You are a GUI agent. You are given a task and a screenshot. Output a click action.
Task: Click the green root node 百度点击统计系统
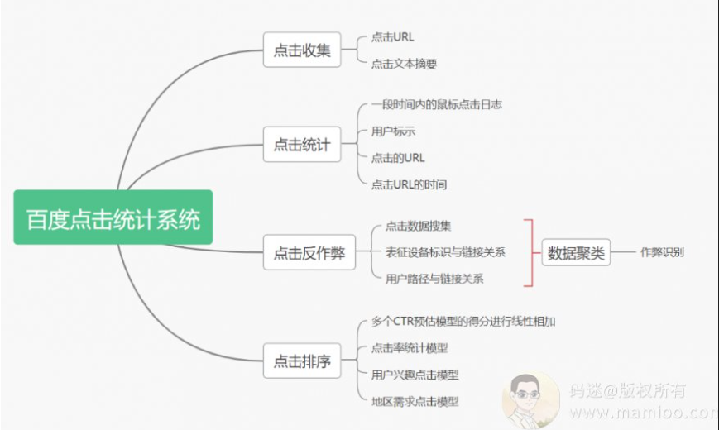click(x=113, y=217)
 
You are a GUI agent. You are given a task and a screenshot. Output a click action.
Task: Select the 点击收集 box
click(x=302, y=50)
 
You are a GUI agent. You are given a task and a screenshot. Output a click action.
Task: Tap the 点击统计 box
click(x=302, y=145)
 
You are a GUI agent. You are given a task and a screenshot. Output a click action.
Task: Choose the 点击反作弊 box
click(x=309, y=252)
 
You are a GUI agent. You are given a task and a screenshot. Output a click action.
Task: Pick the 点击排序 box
click(x=302, y=361)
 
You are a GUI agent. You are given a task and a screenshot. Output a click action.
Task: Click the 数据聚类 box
click(x=576, y=252)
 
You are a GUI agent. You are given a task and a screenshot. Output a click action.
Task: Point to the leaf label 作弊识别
click(x=662, y=252)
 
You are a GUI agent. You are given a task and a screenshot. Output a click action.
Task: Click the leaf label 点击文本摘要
click(x=404, y=64)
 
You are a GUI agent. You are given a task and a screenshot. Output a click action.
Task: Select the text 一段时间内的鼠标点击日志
click(x=437, y=104)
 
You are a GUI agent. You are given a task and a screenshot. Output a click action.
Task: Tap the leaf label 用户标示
click(x=393, y=131)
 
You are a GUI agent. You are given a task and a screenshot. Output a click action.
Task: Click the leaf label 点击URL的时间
click(x=409, y=184)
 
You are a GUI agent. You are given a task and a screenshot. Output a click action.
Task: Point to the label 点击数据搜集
click(x=418, y=226)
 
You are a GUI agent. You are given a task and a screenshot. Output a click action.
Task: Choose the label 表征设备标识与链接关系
click(x=445, y=252)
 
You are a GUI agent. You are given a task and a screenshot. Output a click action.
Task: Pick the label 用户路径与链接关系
click(x=434, y=279)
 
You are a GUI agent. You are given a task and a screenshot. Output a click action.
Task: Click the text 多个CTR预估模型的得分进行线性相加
click(x=463, y=322)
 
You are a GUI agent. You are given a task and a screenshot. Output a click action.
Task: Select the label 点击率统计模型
click(x=409, y=348)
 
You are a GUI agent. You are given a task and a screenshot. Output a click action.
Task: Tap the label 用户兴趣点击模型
click(x=415, y=375)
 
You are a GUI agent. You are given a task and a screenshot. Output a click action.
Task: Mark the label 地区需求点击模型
click(x=415, y=402)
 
